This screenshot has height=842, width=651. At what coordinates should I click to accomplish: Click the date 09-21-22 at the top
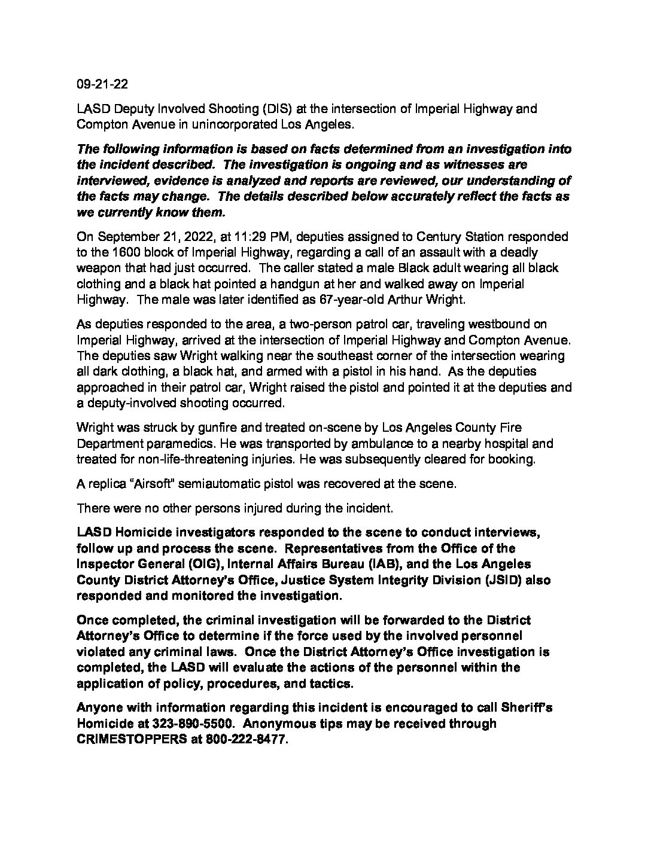pyautogui.click(x=102, y=84)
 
